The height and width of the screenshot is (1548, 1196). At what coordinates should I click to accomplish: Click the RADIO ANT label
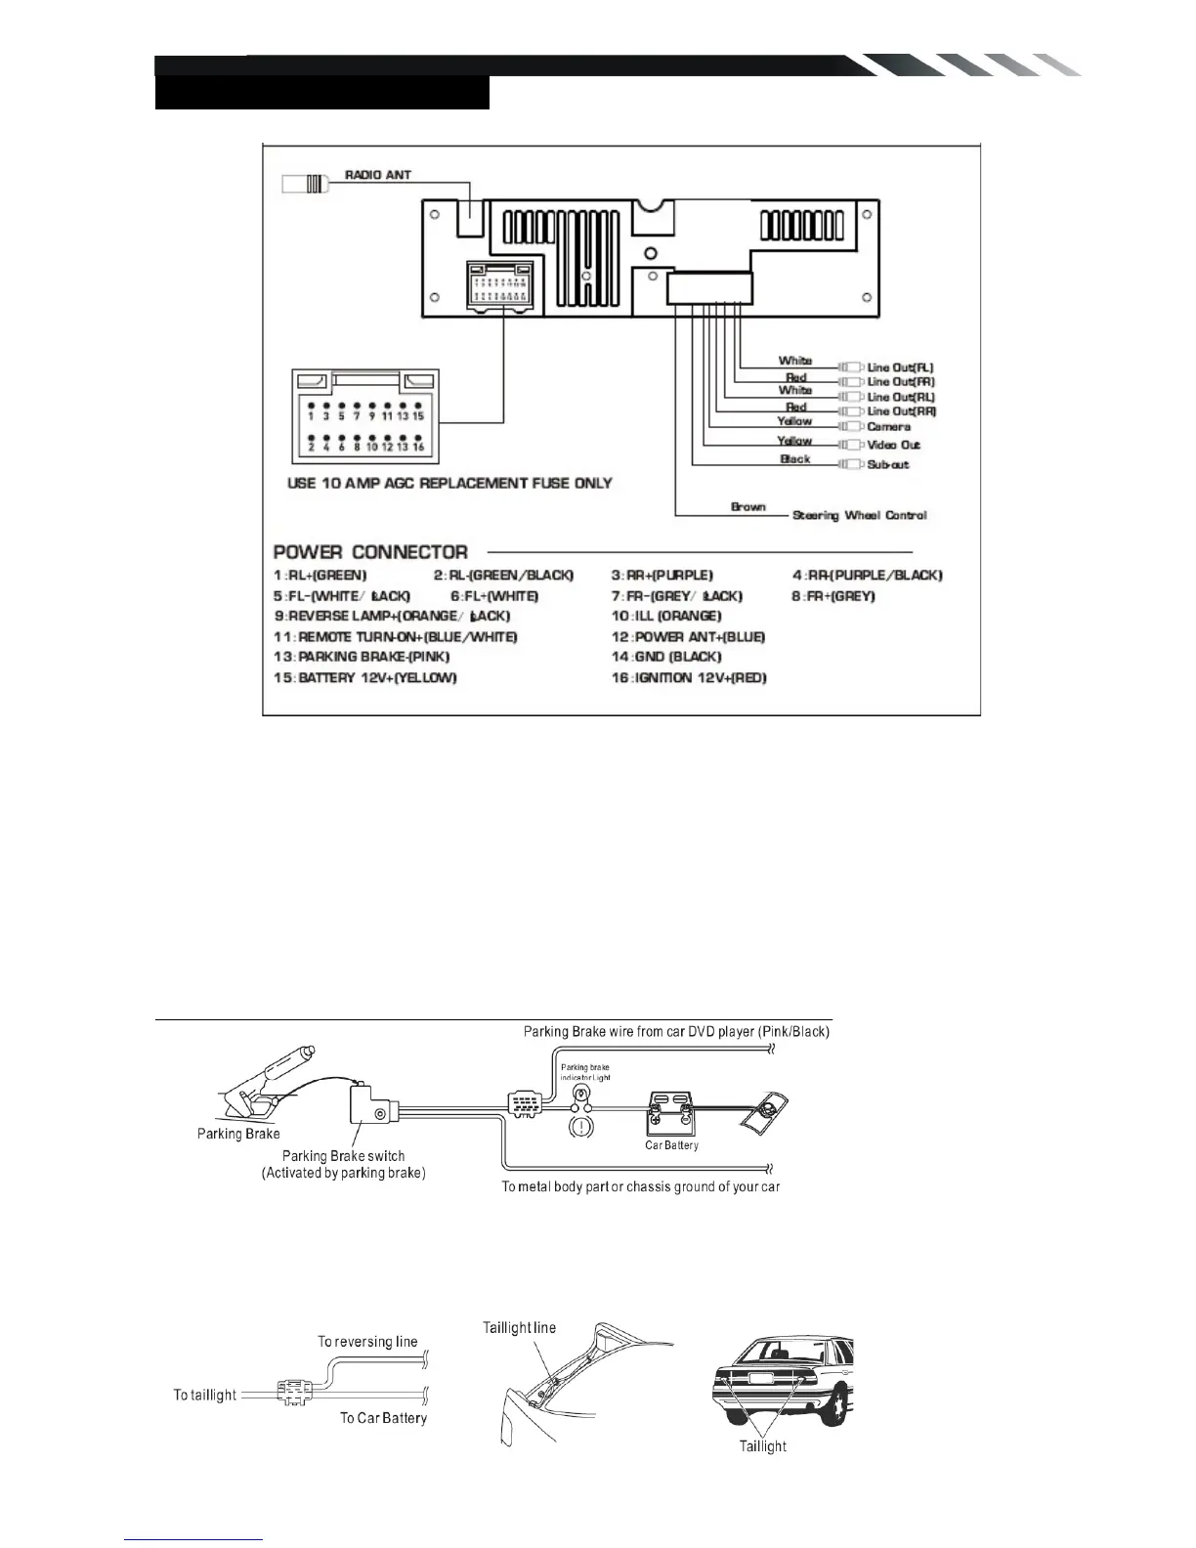tap(378, 175)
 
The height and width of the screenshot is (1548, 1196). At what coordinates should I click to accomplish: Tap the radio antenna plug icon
tap(304, 183)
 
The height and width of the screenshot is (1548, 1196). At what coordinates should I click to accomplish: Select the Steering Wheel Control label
tap(860, 515)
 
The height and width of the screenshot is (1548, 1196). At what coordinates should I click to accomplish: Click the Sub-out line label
tap(888, 464)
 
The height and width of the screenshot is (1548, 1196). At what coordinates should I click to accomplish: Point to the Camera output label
tap(889, 426)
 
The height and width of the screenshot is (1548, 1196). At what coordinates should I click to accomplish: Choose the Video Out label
tap(894, 445)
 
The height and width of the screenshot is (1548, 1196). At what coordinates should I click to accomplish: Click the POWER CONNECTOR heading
tap(370, 551)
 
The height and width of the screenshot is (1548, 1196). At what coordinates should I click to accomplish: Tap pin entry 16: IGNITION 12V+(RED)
tap(689, 677)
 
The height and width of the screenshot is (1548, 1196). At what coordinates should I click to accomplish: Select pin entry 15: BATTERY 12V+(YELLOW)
tap(365, 677)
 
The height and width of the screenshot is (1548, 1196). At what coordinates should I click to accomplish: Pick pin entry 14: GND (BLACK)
tap(666, 657)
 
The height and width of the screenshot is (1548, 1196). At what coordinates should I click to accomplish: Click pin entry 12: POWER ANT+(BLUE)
tap(688, 636)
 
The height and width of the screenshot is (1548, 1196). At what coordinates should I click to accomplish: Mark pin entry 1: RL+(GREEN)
tap(320, 576)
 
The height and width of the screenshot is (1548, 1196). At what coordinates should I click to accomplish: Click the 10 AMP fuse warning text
tap(450, 483)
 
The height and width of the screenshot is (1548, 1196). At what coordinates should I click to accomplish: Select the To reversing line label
tap(367, 1341)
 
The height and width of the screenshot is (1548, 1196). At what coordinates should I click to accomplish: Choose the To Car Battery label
tap(383, 1417)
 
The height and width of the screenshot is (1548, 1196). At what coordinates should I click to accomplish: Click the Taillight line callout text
tap(519, 1327)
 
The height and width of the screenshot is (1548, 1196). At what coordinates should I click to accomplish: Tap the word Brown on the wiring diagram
tap(748, 506)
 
